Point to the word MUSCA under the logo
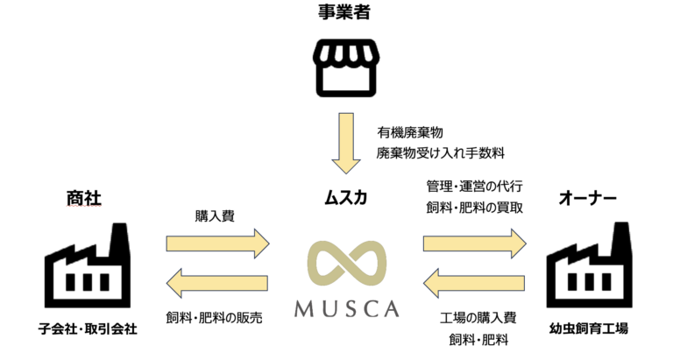pyautogui.click(x=347, y=310)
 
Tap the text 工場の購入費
pyautogui.click(x=472, y=317)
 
